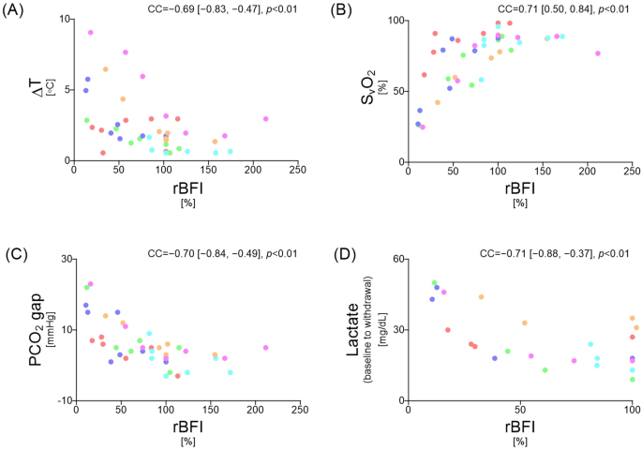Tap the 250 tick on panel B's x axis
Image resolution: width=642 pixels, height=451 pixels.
click(632, 172)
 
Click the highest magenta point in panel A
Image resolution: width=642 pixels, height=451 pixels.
click(90, 33)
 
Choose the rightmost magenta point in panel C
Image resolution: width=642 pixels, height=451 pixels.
click(265, 348)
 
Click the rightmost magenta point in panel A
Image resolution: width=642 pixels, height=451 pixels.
click(265, 119)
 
